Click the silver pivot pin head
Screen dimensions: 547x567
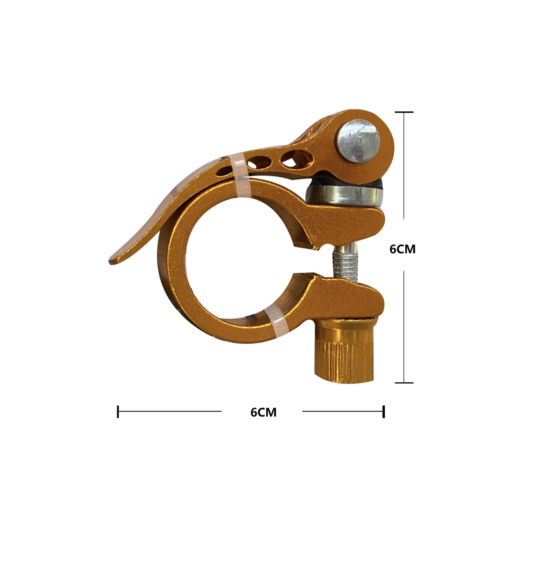click(x=358, y=142)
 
